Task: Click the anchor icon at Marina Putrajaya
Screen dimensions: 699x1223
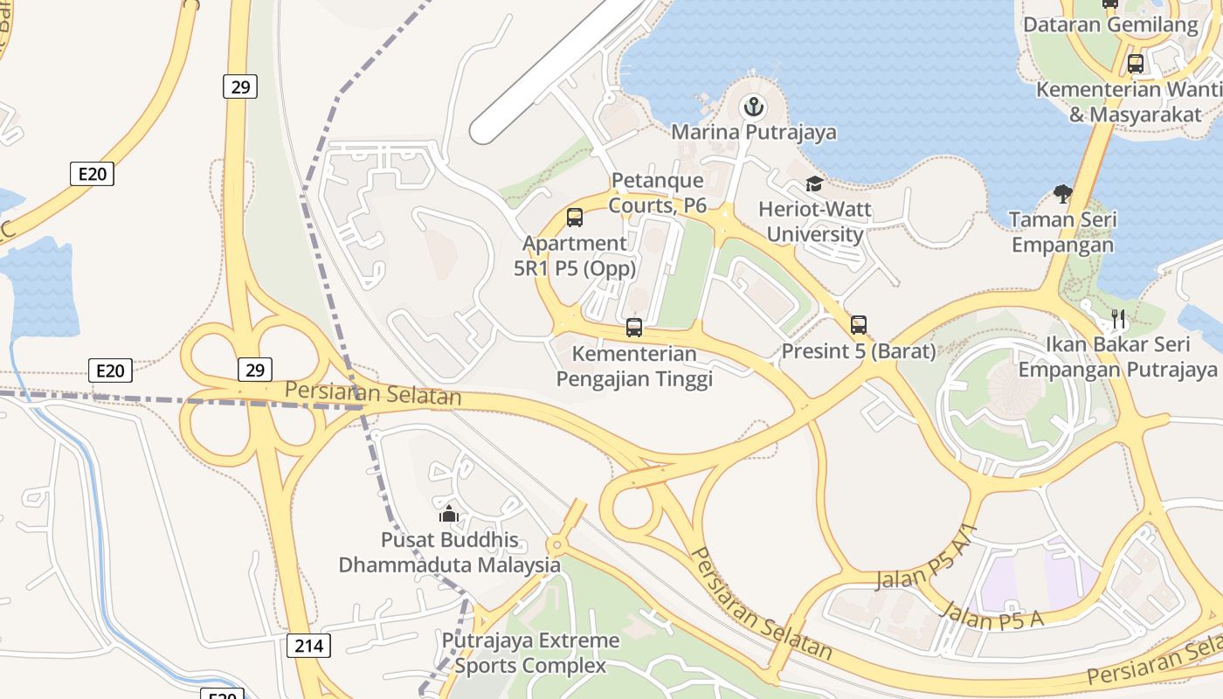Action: pyautogui.click(x=752, y=107)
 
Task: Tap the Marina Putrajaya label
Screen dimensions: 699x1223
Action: pyautogui.click(x=753, y=133)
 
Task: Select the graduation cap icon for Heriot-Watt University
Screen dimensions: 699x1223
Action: pyautogui.click(x=814, y=184)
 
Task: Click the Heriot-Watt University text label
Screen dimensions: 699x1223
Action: pyautogui.click(x=814, y=222)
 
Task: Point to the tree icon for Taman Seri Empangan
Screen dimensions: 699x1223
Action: pyautogui.click(x=1063, y=193)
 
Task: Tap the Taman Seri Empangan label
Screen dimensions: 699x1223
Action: pyautogui.click(x=1063, y=232)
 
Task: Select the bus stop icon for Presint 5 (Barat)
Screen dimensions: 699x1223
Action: pyautogui.click(x=859, y=325)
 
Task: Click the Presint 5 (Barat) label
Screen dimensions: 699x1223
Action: pyautogui.click(x=858, y=351)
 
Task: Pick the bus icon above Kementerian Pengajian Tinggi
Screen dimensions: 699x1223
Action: pyautogui.click(x=634, y=328)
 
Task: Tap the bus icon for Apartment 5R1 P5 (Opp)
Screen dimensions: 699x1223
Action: pyautogui.click(x=575, y=218)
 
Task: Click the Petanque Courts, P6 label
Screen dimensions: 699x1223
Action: pyautogui.click(x=657, y=193)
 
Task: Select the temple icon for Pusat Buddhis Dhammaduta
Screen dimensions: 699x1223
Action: pyautogui.click(x=449, y=514)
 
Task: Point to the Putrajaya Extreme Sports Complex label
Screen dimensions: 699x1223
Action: pyautogui.click(x=530, y=653)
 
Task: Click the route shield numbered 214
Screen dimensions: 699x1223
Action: pyautogui.click(x=308, y=646)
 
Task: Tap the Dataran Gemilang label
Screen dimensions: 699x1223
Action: pyautogui.click(x=1110, y=25)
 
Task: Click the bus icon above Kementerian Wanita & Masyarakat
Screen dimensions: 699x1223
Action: pyautogui.click(x=1135, y=64)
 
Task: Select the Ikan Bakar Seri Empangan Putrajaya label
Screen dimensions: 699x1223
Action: pyautogui.click(x=1117, y=356)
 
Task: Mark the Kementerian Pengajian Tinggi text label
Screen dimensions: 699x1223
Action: pyautogui.click(x=634, y=366)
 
